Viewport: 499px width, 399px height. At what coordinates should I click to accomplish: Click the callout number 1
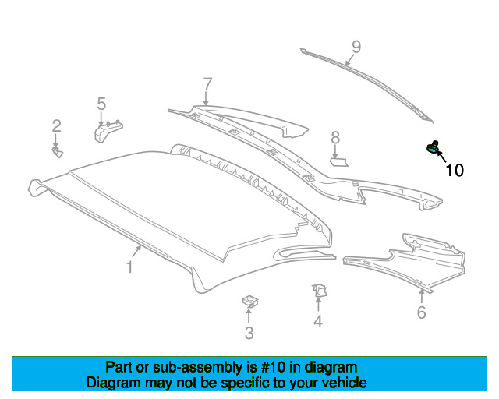pos(129,267)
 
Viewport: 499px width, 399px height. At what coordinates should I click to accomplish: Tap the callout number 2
pos(57,126)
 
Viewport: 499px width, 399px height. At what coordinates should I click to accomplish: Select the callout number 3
pos(249,333)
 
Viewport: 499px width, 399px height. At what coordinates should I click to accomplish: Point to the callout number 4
pos(318,321)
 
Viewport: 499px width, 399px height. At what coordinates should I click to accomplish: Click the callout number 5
pos(101,104)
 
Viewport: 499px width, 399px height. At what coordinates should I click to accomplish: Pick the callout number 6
pos(421,312)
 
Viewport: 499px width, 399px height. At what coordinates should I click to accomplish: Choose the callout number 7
pos(207,84)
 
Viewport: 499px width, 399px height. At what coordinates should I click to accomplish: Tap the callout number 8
pos(335,138)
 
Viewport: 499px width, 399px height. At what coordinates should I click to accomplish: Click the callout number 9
pos(356,47)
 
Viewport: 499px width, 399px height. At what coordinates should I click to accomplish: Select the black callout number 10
pos(455,171)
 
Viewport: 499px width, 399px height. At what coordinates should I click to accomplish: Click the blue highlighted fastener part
pos(432,147)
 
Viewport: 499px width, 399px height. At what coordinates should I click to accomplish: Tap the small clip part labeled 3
pos(250,301)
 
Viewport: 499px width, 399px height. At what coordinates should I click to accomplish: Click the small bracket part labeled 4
pos(319,291)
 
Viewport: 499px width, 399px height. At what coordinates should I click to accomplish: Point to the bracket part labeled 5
pos(108,132)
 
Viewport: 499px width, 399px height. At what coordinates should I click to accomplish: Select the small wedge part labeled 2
pos(58,153)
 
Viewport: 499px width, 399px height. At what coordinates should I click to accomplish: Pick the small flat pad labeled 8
pos(339,162)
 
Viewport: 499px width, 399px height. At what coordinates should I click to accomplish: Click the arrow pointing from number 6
pos(421,296)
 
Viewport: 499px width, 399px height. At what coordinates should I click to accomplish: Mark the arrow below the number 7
pos(206,98)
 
